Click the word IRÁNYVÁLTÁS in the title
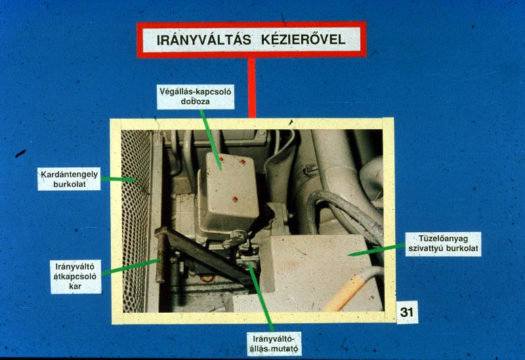[x=204, y=40]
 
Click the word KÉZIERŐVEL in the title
[x=303, y=40]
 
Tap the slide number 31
[x=407, y=312]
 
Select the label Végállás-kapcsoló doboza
[x=196, y=96]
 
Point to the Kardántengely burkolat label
[x=70, y=179]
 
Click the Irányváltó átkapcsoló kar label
[x=75, y=277]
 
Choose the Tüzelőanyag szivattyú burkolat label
[x=444, y=244]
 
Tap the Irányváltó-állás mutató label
[x=274, y=344]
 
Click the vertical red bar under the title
[x=252, y=88]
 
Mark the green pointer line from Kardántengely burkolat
[x=118, y=179]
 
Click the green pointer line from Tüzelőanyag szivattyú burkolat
[x=376, y=250]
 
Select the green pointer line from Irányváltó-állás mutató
[x=261, y=297]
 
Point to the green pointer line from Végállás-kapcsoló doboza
[x=211, y=140]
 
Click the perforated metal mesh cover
[x=136, y=221]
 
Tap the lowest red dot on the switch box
[x=235, y=199]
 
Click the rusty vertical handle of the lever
[x=161, y=258]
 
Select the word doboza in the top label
[x=195, y=102]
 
